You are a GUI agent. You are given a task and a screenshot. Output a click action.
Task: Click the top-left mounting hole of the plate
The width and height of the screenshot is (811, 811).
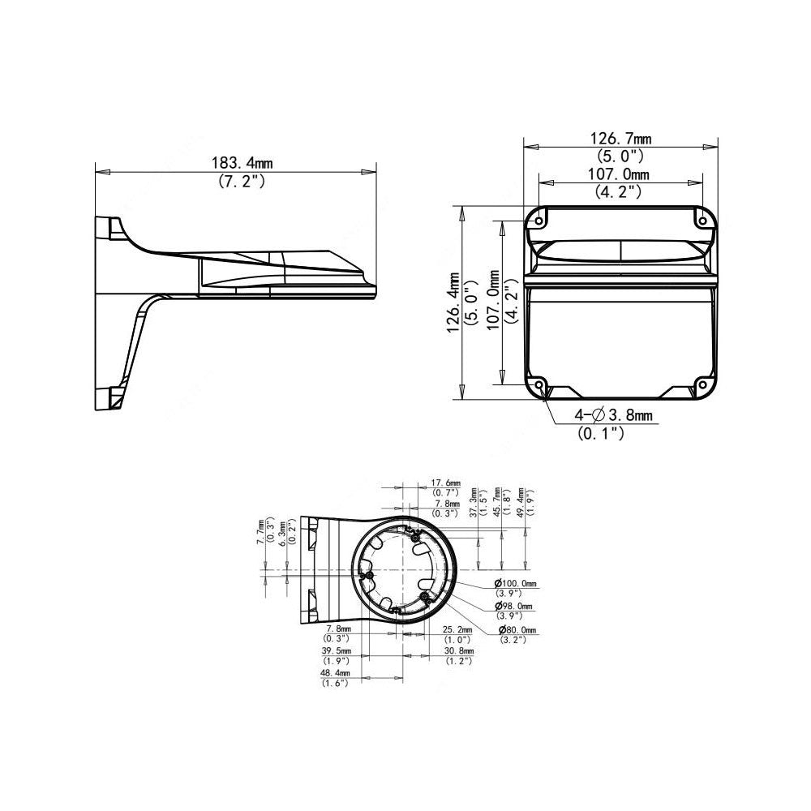538,219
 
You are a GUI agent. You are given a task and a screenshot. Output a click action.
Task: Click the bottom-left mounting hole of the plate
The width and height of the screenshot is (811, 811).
538,386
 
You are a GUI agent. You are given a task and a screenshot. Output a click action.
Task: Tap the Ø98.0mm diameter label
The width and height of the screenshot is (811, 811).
515,607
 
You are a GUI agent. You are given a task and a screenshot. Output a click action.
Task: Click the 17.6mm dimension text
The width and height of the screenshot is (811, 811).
444,483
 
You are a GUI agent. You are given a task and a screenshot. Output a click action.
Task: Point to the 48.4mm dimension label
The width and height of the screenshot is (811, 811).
334,673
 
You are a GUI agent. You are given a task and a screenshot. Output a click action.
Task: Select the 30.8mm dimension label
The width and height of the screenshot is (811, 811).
459,651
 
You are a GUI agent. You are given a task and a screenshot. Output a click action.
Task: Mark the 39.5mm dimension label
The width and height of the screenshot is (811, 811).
336,651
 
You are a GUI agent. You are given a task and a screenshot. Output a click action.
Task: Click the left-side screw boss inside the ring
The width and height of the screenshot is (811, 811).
367,576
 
